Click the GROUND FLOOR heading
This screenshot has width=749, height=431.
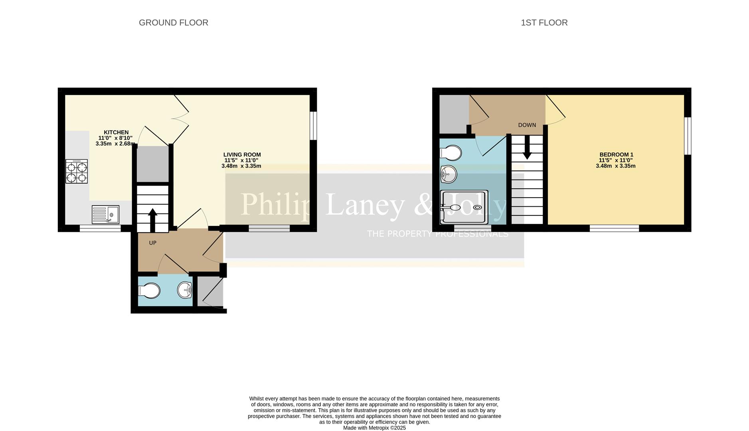coord(173,23)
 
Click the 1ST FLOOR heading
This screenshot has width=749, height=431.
coord(544,23)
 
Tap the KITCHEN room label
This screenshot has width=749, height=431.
coord(116,132)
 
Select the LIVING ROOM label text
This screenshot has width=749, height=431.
coord(242,155)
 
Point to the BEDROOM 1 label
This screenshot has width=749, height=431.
coord(616,155)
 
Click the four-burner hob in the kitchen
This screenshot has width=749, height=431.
coord(77,172)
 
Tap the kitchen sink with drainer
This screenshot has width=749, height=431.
coord(105,215)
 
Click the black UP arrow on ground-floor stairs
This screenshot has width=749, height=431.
coord(152,219)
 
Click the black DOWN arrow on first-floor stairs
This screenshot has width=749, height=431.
coord(527,148)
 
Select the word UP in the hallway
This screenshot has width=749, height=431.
coord(152,243)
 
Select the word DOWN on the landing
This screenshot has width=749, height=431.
coord(527,125)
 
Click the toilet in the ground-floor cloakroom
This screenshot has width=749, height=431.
coord(149,291)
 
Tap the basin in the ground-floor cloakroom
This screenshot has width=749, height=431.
coord(185,290)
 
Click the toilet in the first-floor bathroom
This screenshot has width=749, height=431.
coord(451,153)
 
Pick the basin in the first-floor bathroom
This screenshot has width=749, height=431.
coord(449,174)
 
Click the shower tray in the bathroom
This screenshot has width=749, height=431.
coord(464,207)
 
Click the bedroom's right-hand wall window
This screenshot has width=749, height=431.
coord(688,136)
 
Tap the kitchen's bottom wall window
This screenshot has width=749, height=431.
coord(100,228)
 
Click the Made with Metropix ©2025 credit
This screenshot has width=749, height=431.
coord(374,428)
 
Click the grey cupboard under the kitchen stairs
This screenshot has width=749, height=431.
coord(152,164)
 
